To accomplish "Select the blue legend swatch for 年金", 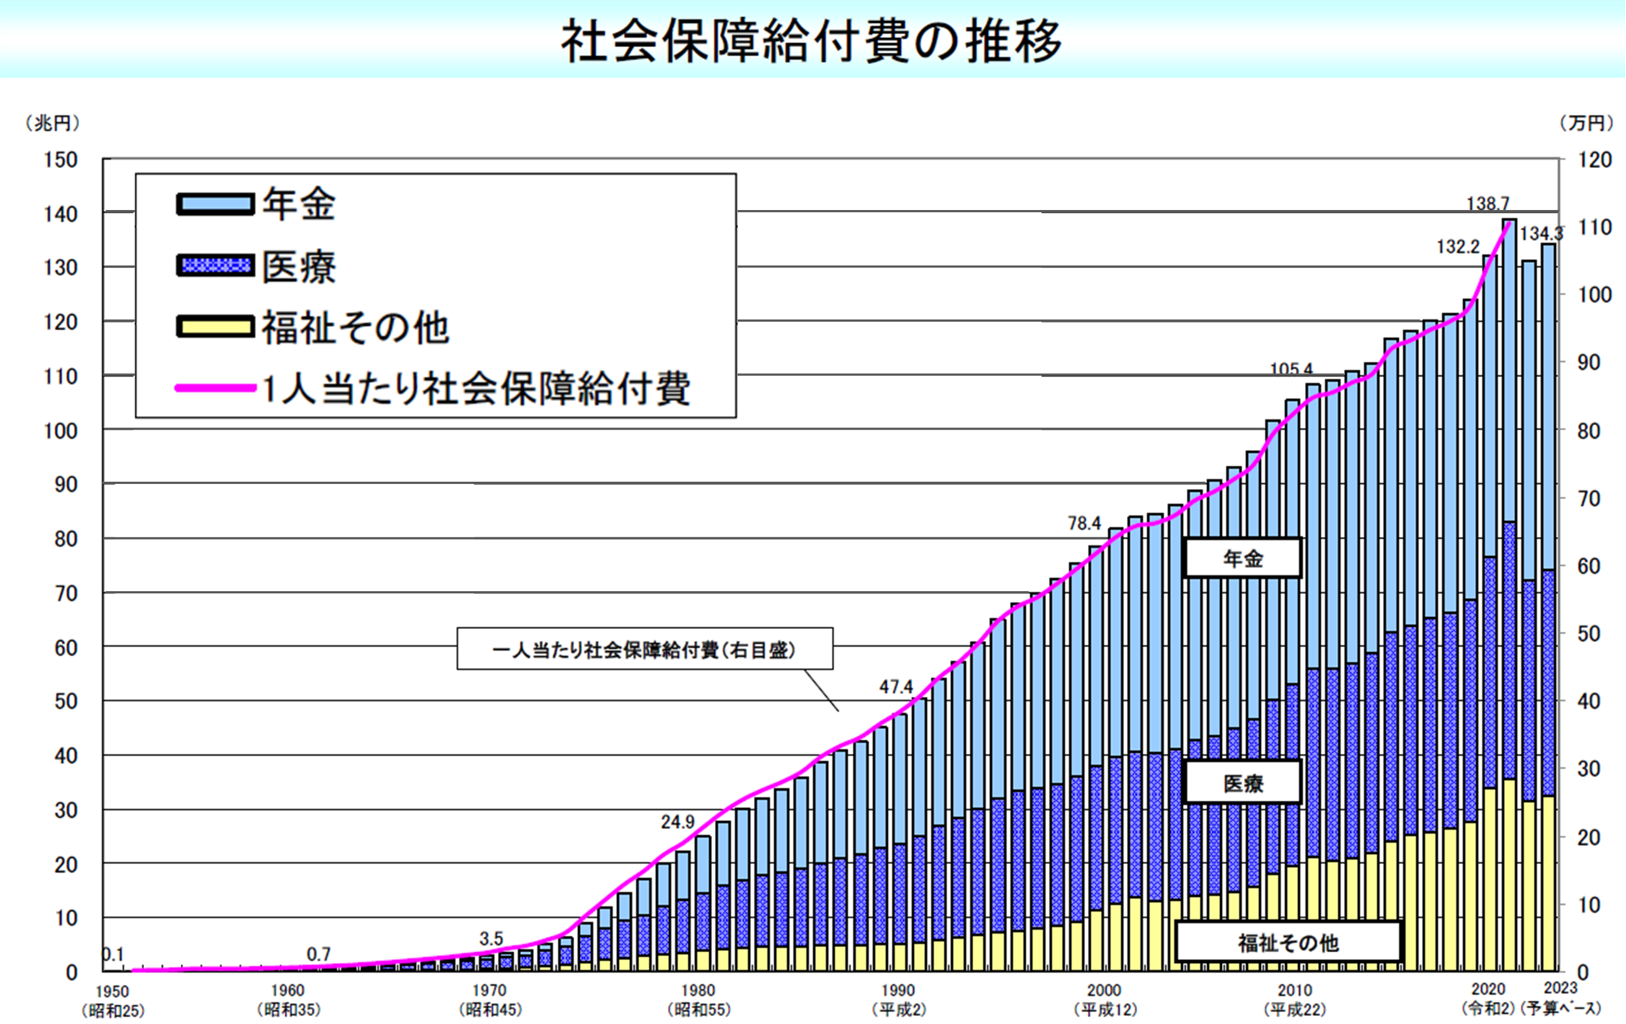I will pyautogui.click(x=215, y=204).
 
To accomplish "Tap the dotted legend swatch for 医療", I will pyautogui.click(x=215, y=265).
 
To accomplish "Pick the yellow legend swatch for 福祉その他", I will pyautogui.click(x=215, y=327).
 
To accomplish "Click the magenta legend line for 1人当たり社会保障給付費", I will pyautogui.click(x=215, y=388).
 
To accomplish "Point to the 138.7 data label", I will pyautogui.click(x=1488, y=203).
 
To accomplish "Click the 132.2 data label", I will pyautogui.click(x=1458, y=247).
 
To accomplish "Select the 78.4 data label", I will pyautogui.click(x=1084, y=523).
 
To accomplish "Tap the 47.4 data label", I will pyautogui.click(x=896, y=687).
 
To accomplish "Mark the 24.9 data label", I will pyautogui.click(x=677, y=822).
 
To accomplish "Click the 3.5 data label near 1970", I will pyautogui.click(x=491, y=939).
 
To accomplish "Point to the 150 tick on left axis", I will pyautogui.click(x=61, y=160).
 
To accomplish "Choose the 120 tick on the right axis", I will pyautogui.click(x=1595, y=160).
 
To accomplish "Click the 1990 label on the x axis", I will pyautogui.click(x=898, y=991).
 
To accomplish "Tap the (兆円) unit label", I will pyautogui.click(x=52, y=123).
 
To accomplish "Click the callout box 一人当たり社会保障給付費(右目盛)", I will pyautogui.click(x=644, y=650).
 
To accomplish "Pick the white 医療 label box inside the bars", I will pyautogui.click(x=1242, y=783).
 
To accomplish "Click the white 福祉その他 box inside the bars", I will pyautogui.click(x=1287, y=942).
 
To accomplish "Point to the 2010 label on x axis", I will pyautogui.click(x=1295, y=991).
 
